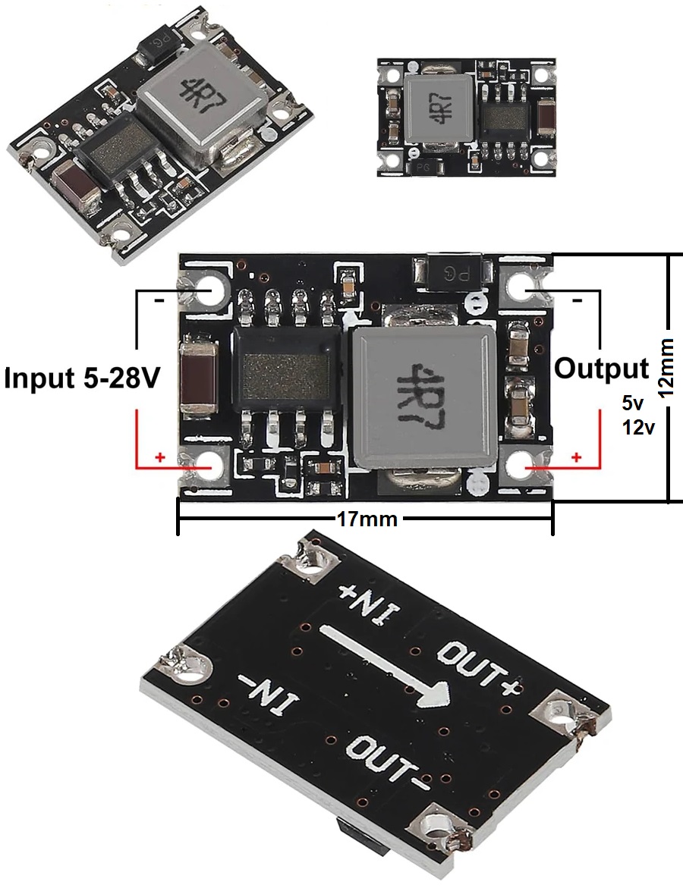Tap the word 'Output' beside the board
tap(602, 369)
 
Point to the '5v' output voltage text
tap(632, 403)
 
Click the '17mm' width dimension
tap(366, 519)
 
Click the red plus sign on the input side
tap(159, 457)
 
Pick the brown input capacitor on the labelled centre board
tap(200, 378)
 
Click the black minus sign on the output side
tap(577, 301)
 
